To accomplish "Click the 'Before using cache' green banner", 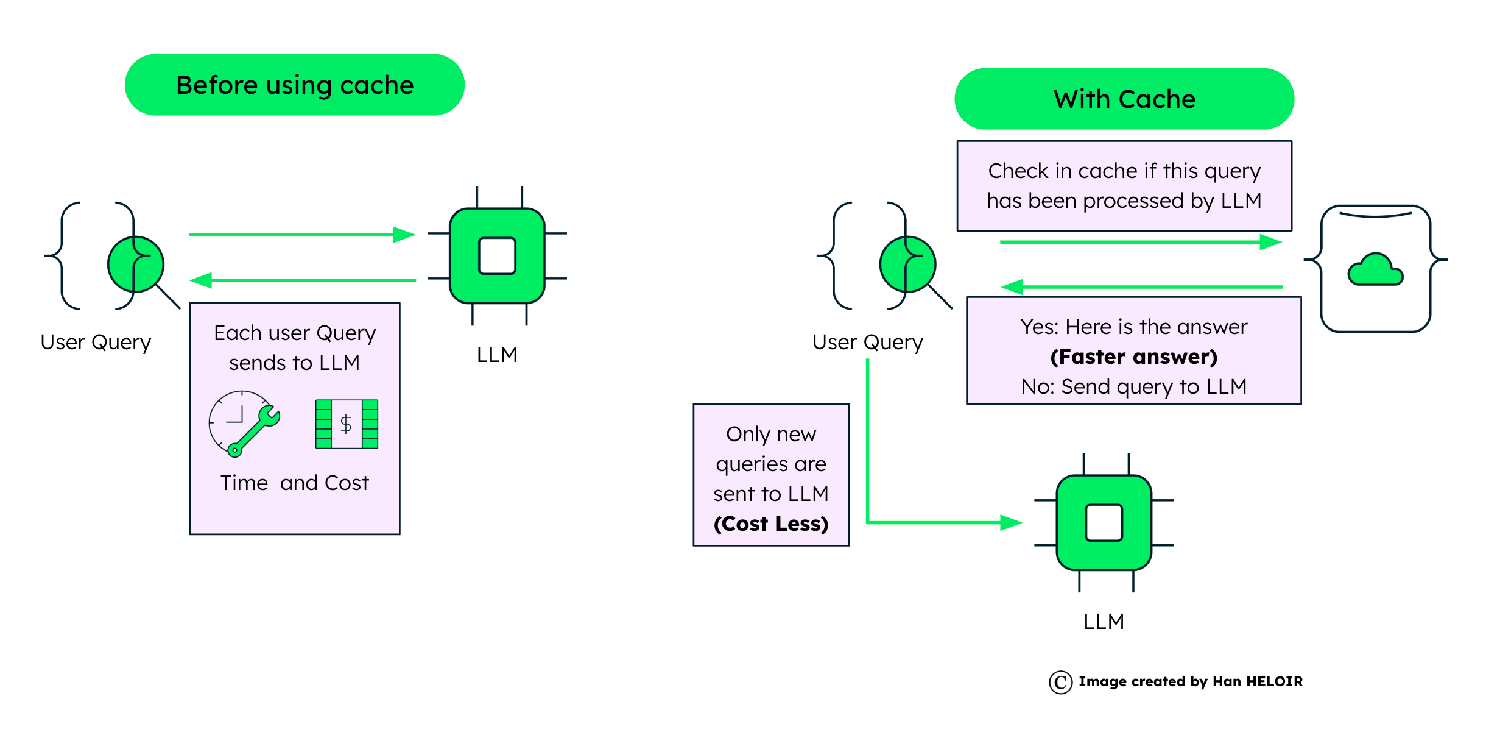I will click(x=295, y=85).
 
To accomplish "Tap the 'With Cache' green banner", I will click(x=1124, y=99).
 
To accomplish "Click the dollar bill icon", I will click(x=347, y=424).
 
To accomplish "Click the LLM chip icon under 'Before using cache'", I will click(x=497, y=256).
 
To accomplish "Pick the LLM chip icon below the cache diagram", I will click(x=1104, y=522).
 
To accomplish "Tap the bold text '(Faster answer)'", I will click(x=1133, y=357).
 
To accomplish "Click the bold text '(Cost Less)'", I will click(x=771, y=524).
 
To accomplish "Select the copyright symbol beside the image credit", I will click(x=1060, y=682).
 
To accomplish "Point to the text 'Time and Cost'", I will click(x=295, y=483).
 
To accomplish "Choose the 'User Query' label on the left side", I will click(x=96, y=342).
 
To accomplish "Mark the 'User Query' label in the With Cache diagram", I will click(x=867, y=342).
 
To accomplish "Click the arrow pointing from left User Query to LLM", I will click(x=301, y=235).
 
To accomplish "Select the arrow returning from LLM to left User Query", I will click(x=301, y=280).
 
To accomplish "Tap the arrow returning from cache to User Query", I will click(x=1142, y=286).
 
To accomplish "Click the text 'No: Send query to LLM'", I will click(x=1133, y=386).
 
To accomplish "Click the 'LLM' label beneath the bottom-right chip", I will click(x=1104, y=622).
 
